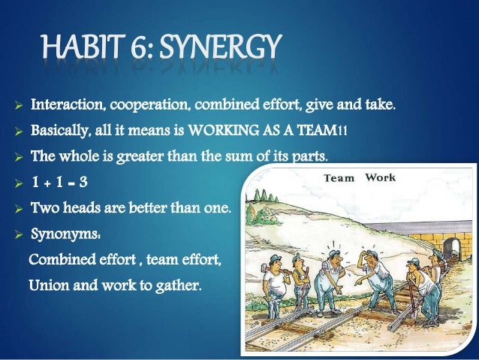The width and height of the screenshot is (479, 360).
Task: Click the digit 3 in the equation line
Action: point(94,180)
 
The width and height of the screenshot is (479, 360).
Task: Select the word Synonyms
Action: point(60,232)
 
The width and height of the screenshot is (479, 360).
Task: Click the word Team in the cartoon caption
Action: point(339,179)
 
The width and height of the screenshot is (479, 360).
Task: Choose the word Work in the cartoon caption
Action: point(380,178)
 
